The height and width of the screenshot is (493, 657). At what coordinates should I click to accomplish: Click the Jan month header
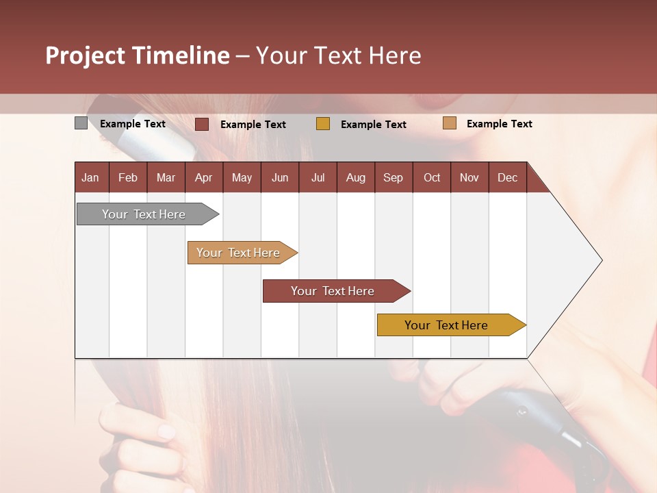91,177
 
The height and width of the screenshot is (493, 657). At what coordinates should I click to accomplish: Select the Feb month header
128,177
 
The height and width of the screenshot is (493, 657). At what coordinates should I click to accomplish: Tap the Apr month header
204,177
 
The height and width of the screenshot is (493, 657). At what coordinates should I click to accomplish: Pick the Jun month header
280,177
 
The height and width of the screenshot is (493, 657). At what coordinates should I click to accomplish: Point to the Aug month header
356,177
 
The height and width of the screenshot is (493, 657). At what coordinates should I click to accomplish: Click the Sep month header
394,177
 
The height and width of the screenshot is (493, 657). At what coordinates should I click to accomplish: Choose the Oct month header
432,177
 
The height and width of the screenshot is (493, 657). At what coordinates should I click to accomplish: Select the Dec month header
508,177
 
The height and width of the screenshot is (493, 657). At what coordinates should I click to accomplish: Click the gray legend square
81,123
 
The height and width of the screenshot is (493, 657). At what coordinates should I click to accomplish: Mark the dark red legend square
202,124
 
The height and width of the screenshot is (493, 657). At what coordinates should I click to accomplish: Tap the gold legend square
323,124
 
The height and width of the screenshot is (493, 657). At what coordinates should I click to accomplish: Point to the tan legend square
449,123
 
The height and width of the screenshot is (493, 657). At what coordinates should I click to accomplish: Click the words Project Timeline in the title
138,55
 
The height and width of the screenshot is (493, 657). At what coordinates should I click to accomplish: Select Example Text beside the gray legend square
133,124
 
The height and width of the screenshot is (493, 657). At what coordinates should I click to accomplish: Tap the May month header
242,177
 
